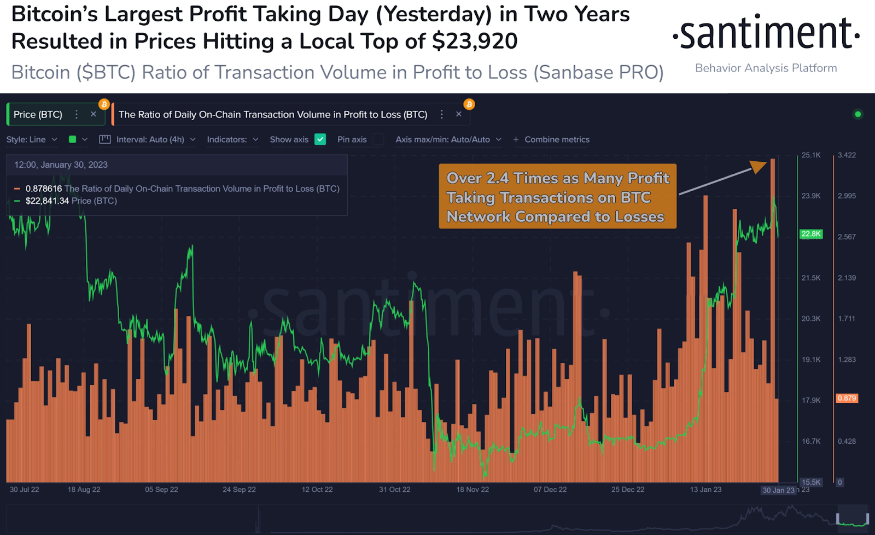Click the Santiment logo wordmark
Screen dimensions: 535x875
click(x=766, y=34)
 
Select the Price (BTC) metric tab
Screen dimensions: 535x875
click(x=38, y=115)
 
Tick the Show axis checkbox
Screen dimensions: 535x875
click(x=320, y=139)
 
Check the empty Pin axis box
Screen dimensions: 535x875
click(x=378, y=139)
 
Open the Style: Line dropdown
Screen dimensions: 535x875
click(x=32, y=139)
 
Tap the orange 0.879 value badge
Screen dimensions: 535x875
click(x=847, y=398)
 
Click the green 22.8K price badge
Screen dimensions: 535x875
click(x=811, y=234)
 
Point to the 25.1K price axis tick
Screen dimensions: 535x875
click(x=811, y=155)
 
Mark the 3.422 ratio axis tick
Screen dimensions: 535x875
click(x=847, y=155)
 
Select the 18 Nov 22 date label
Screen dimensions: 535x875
click(x=472, y=490)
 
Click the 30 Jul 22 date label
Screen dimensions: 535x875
click(x=25, y=490)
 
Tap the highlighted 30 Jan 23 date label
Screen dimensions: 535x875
click(x=778, y=490)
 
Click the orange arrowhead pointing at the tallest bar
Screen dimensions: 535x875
click(x=759, y=166)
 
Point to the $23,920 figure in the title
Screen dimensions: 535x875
click(x=474, y=42)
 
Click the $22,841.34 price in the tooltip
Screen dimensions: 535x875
click(x=47, y=201)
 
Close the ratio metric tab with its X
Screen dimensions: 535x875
click(x=459, y=114)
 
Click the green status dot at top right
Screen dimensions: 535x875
click(x=857, y=114)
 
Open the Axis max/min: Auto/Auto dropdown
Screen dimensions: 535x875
click(x=448, y=139)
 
